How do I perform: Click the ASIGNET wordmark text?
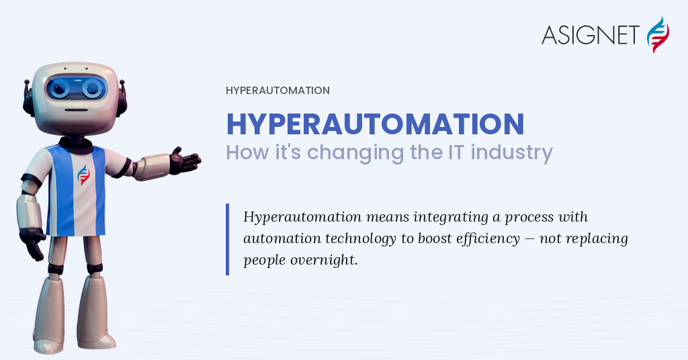click(590, 35)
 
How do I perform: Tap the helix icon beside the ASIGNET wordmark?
click(658, 35)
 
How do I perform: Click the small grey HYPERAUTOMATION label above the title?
click(277, 91)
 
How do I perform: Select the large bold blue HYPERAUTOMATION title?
click(375, 124)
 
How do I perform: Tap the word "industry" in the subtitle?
click(511, 153)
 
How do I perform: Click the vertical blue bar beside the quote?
click(227, 239)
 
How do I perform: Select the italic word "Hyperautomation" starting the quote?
click(302, 217)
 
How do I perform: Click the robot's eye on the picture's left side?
click(59, 88)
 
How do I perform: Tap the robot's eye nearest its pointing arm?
click(92, 88)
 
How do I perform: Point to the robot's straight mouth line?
click(77, 109)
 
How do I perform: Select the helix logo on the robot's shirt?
click(83, 175)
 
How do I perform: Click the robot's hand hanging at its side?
click(32, 243)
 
